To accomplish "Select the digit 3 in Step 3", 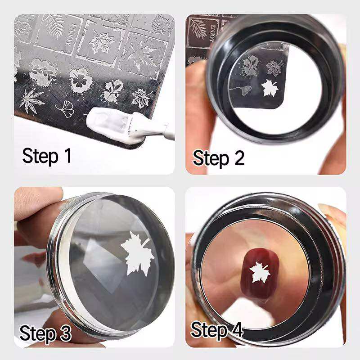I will point(64,334).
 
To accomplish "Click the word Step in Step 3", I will point(36,334).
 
